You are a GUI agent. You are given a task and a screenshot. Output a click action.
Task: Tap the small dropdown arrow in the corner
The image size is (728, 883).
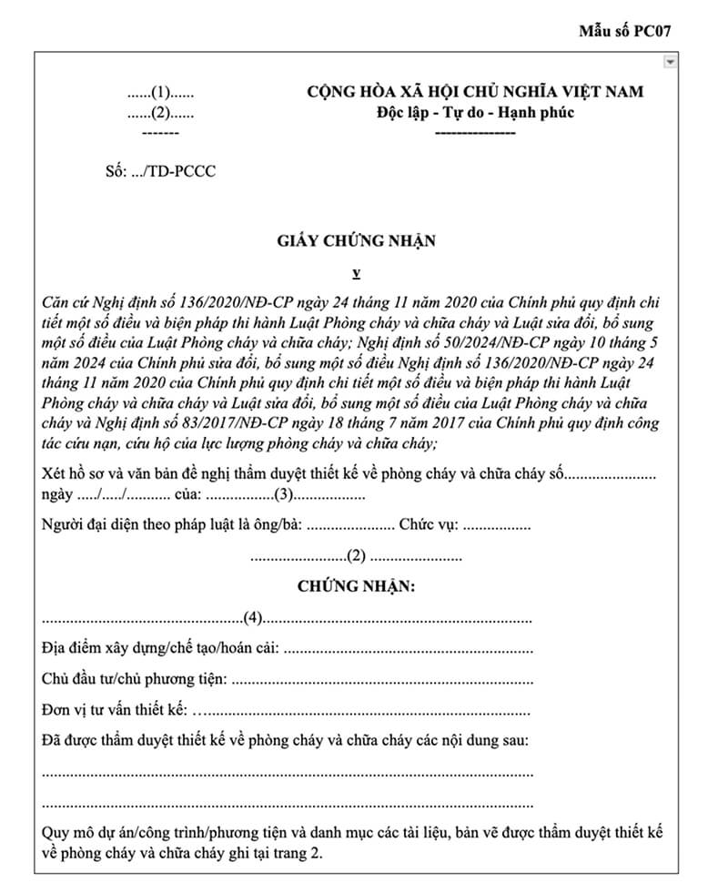click(x=671, y=62)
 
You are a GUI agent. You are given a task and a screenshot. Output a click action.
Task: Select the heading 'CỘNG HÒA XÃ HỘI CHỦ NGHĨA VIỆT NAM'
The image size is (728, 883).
click(x=475, y=92)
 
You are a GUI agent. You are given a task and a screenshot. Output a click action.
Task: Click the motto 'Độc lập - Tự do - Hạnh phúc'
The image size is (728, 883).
click(x=475, y=112)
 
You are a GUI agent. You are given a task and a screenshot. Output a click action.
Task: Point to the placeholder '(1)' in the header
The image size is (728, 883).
click(x=161, y=93)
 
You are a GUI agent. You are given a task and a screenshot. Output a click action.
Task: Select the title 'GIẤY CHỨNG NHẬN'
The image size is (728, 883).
click(x=357, y=241)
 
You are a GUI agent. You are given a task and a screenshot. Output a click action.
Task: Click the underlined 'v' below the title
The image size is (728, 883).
click(x=357, y=272)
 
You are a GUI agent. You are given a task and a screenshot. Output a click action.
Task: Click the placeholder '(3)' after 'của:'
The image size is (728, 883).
click(x=284, y=496)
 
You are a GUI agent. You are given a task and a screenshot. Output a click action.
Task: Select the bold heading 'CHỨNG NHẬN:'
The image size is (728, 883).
click(x=357, y=586)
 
